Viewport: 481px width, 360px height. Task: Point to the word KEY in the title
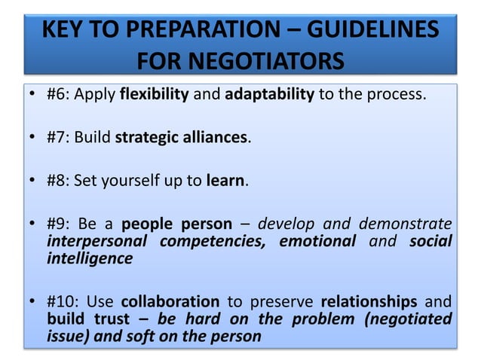click(64, 31)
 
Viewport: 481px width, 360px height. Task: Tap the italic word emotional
click(317, 241)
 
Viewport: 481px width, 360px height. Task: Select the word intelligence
click(89, 258)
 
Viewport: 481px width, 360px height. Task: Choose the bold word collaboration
click(170, 301)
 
